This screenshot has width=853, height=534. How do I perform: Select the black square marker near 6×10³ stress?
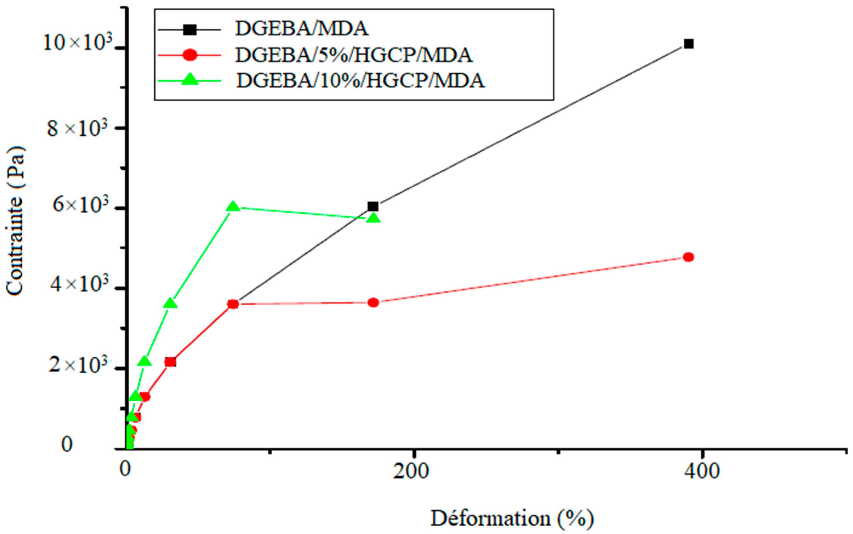[373, 206]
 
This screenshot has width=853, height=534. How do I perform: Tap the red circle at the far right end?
[688, 257]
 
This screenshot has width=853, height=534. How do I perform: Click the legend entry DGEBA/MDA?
[301, 29]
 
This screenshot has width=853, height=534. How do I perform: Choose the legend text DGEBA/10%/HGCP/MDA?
[360, 81]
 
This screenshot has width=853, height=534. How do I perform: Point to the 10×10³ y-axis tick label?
[78, 44]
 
